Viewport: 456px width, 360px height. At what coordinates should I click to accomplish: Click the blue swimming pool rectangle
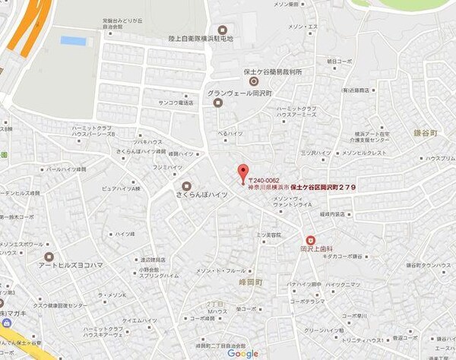click(74, 40)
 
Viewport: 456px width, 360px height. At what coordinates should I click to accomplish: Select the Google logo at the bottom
click(242, 353)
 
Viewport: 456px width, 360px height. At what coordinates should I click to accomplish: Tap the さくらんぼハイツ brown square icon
click(186, 186)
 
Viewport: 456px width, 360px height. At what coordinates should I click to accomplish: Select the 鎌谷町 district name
click(428, 131)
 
